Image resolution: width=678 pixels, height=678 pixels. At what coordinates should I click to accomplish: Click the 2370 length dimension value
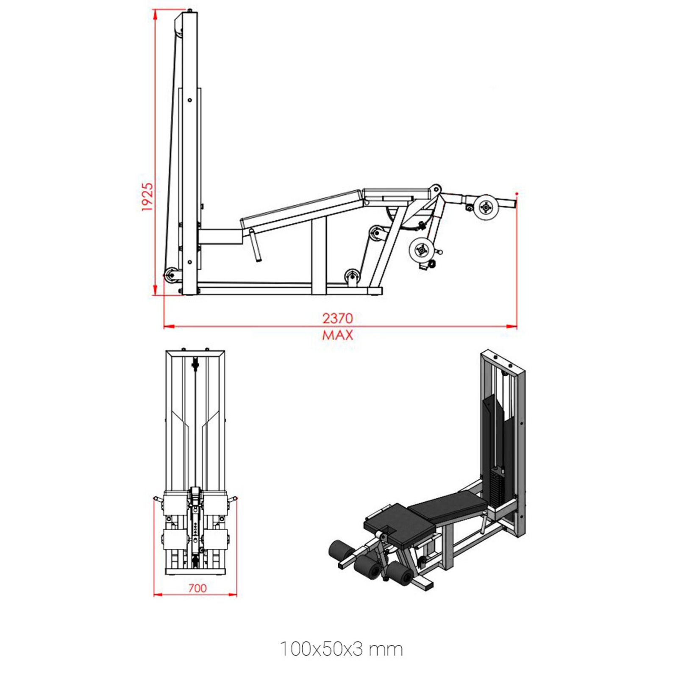coord(337,318)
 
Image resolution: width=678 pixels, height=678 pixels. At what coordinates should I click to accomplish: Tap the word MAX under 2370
coord(337,335)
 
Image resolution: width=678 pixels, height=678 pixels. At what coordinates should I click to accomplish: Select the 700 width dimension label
coord(197,588)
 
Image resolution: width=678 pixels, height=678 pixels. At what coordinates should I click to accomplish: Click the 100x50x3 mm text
coord(341,649)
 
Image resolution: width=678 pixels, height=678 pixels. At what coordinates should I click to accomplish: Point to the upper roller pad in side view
coord(486,207)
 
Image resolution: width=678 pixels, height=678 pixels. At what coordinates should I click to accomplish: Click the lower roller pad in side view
coord(422,250)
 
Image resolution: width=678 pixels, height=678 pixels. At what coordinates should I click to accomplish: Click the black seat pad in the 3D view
coord(398,522)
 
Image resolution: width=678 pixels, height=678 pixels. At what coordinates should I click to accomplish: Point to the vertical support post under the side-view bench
coord(319,258)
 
